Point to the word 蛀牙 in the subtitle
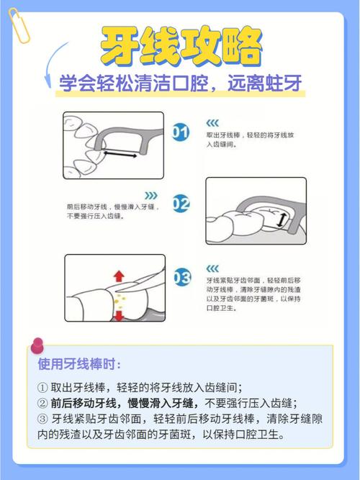(282, 84)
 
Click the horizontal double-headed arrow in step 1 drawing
(120, 154)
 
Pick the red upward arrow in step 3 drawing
(118, 275)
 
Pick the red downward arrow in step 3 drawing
(118, 314)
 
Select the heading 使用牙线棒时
(75, 364)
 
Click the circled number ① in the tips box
(42, 387)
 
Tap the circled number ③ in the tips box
(42, 419)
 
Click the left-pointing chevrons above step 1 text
(214, 123)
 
